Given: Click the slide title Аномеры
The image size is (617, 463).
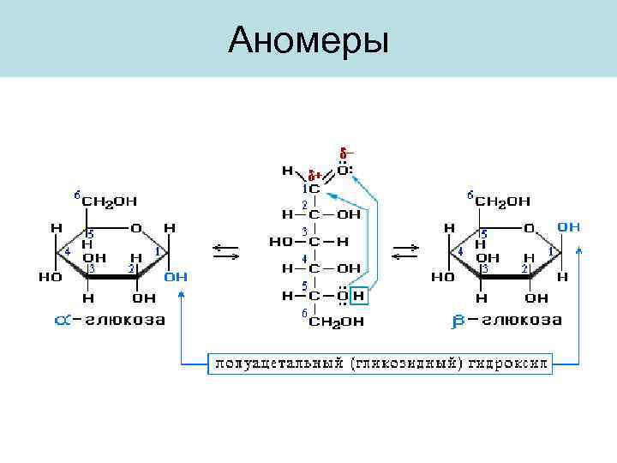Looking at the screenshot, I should tap(308, 39).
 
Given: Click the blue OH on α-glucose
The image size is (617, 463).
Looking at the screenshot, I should tap(176, 277).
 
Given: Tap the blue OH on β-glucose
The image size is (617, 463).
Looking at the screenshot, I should tap(569, 227).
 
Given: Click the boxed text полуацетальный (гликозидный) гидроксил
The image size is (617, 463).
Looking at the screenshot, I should tap(380, 364).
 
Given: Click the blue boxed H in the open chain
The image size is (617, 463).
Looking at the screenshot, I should tap(358, 297).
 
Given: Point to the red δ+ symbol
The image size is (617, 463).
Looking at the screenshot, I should tap(314, 175).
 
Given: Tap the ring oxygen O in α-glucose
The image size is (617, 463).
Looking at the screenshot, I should tap(136, 228).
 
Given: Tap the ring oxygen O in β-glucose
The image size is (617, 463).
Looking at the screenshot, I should tap(530, 228).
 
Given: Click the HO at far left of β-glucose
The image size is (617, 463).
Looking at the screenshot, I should tap(442, 278).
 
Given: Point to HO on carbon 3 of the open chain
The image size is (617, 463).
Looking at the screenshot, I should tap(282, 243).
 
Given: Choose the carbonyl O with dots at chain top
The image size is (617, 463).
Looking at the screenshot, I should tap(344, 170).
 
